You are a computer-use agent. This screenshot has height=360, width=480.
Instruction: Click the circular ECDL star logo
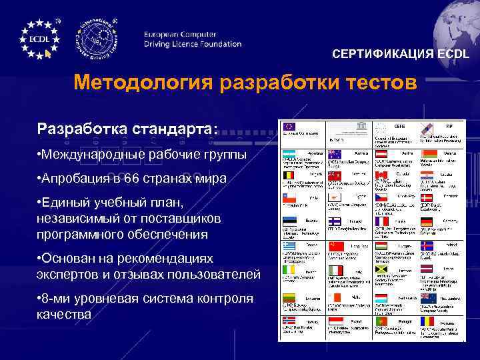coord(39,39)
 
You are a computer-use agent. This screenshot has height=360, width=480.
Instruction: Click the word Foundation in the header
coord(213,44)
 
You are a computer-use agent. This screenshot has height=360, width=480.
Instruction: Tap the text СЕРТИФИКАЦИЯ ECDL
coord(401,54)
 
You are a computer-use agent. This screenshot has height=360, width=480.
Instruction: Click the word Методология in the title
coord(137,84)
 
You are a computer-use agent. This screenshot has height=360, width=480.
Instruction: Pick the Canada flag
coord(381,175)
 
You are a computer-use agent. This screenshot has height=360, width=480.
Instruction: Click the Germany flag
coord(427,222)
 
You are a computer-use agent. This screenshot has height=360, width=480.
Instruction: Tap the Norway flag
coord(289,321)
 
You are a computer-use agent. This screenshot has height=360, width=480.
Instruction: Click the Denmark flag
coord(427,199)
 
